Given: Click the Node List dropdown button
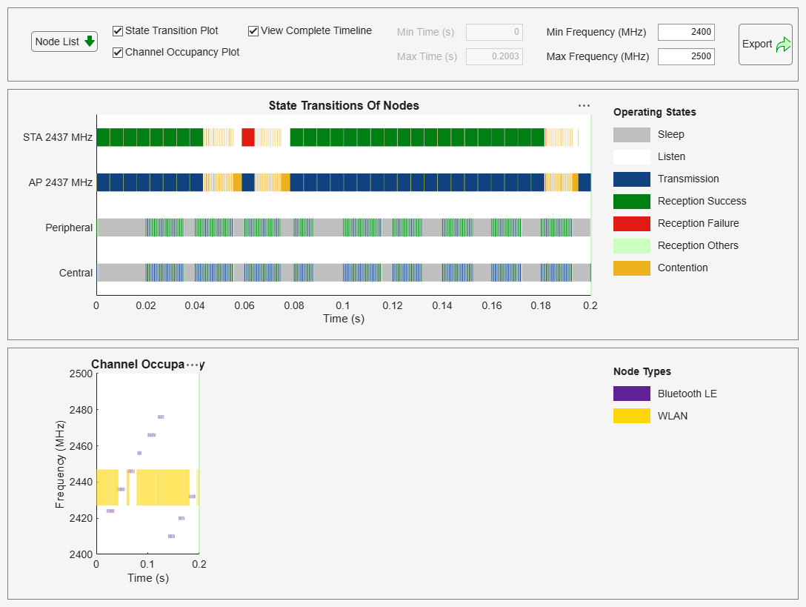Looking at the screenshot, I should (x=64, y=42).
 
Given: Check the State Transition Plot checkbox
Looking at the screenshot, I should (x=117, y=31).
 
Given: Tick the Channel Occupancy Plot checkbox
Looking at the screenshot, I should (x=117, y=53).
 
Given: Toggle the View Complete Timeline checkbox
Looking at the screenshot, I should (x=253, y=31).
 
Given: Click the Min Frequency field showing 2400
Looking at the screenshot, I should (x=686, y=32).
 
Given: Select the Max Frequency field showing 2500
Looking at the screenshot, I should (x=686, y=56).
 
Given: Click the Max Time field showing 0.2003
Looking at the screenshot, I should (x=494, y=56).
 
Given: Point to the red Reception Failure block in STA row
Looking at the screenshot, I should (x=248, y=137).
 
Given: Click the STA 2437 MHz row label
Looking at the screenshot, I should (x=58, y=137).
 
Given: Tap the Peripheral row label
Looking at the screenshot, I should (x=69, y=228).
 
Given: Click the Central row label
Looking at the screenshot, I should (x=76, y=273).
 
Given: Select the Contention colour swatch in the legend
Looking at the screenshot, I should (x=631, y=268).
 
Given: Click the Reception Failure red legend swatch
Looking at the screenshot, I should (x=631, y=223).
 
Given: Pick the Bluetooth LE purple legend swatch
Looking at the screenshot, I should (x=631, y=394).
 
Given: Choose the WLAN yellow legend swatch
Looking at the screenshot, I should (x=631, y=416).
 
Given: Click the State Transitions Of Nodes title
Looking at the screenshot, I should (x=344, y=105).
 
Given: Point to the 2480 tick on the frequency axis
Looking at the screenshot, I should (x=81, y=410).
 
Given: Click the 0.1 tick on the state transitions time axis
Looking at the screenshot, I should (x=343, y=305).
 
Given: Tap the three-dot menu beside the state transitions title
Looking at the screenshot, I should (x=584, y=106).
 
